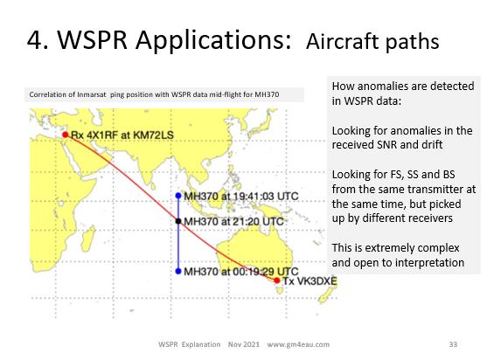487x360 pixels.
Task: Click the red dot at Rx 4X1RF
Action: [66, 135]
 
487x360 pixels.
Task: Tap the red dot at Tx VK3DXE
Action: [277, 280]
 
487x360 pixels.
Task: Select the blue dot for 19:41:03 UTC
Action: [178, 196]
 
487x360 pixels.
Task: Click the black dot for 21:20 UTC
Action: [178, 221]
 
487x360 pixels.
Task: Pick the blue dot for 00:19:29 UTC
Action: [178, 271]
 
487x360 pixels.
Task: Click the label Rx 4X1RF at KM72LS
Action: [122, 135]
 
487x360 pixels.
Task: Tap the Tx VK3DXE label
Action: [310, 281]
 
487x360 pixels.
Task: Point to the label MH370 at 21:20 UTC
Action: [233, 222]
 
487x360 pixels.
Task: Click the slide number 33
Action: [453, 344]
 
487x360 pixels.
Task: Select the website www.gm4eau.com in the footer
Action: [298, 344]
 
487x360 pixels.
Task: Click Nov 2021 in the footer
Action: [243, 344]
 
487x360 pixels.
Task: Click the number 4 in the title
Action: [34, 40]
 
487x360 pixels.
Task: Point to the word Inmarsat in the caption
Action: [92, 94]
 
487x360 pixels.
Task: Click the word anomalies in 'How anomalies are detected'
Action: [383, 86]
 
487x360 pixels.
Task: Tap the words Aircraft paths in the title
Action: [372, 42]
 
